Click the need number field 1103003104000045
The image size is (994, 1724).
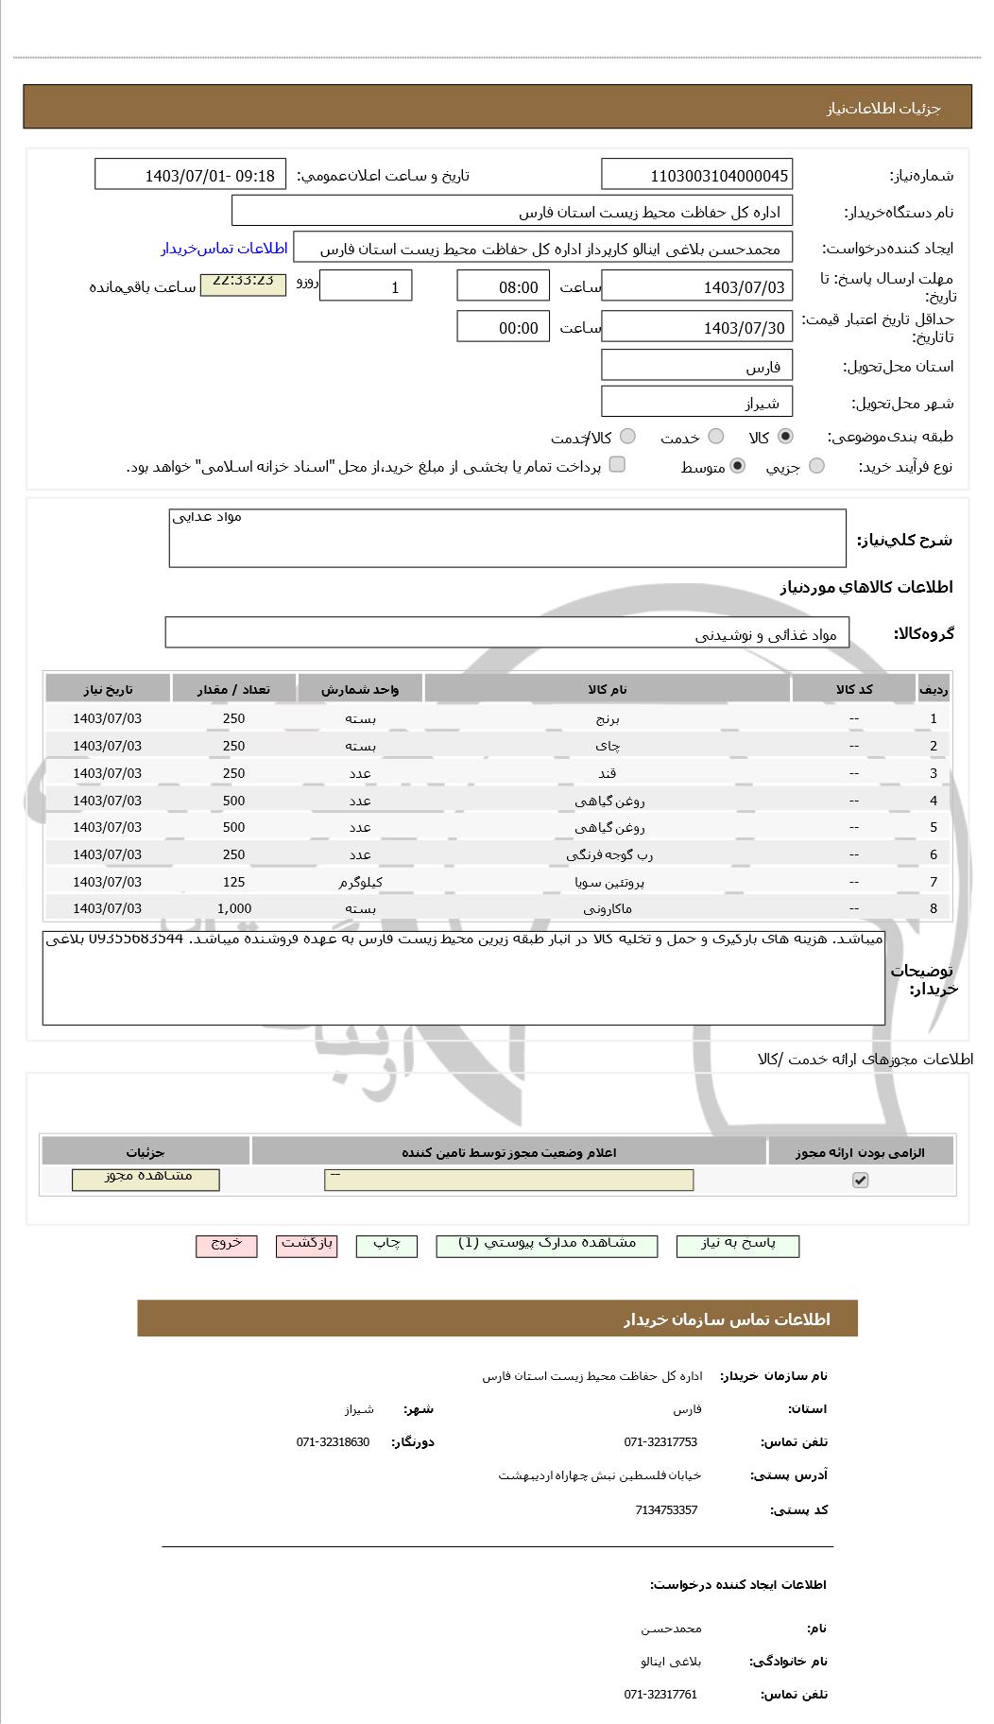[696, 176]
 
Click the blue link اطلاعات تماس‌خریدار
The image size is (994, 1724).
[224, 249]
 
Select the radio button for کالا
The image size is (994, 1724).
[785, 437]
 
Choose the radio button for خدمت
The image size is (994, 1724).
[716, 437]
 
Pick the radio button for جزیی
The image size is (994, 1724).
[816, 466]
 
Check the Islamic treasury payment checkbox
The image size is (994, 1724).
[617, 464]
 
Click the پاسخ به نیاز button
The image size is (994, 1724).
[737, 1246]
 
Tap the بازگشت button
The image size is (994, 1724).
[306, 1246]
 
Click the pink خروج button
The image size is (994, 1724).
[226, 1246]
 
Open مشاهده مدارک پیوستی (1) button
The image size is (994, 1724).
[547, 1246]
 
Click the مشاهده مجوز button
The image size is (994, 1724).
[146, 1179]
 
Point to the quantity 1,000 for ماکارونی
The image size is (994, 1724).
[233, 908]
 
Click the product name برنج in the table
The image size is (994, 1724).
[607, 718]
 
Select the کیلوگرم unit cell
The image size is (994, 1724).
[360, 882]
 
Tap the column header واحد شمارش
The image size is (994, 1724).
[360, 689]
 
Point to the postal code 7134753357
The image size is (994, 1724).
[666, 1509]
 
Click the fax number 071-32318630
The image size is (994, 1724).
[333, 1441]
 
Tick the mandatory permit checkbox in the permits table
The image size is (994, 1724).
[860, 1180]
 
